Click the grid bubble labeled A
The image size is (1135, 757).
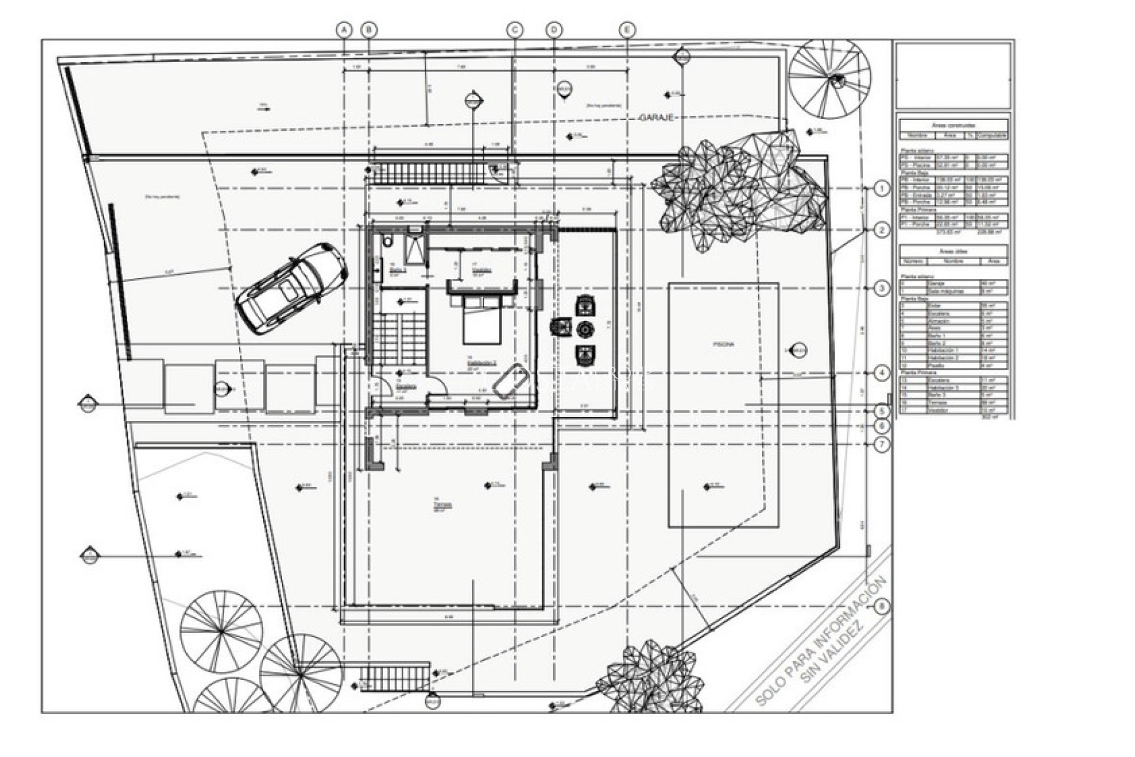344,30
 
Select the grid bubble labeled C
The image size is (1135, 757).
515,30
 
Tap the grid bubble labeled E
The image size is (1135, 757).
627,30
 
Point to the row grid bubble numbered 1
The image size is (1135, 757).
881,189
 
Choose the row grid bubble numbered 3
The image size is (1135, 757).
881,289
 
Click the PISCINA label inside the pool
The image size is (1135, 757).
722,344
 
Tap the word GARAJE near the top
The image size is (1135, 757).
656,118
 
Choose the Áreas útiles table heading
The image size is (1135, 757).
952,251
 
